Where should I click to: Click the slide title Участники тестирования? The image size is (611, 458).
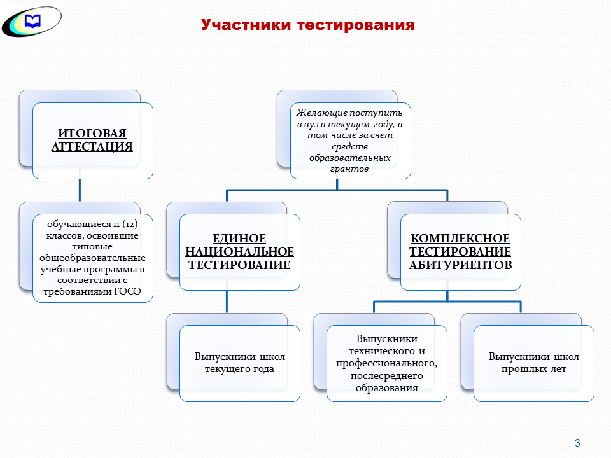point(307,25)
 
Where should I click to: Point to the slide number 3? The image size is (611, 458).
point(577,443)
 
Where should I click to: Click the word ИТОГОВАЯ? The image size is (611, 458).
point(92,134)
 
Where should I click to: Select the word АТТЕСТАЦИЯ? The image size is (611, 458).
point(92,147)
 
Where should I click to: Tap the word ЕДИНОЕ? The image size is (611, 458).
point(239,239)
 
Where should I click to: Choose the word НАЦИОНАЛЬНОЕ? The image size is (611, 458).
point(239,252)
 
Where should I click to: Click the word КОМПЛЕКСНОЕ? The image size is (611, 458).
point(460,239)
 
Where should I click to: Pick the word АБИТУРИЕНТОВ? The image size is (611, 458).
point(460,265)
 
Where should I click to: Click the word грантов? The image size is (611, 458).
point(350,170)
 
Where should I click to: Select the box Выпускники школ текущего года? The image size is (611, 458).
point(239,363)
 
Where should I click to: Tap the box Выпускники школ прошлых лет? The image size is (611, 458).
point(533,363)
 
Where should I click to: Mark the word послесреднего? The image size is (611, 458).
point(387,376)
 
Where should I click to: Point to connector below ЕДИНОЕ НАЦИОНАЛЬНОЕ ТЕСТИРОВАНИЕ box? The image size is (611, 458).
point(227,302)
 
